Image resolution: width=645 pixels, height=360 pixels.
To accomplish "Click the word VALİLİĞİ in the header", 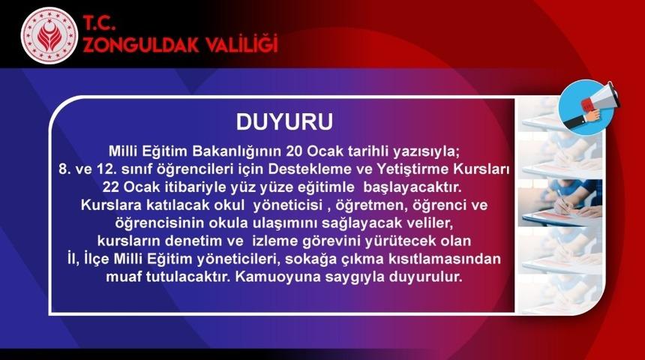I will pyautogui.click(x=237, y=45).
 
